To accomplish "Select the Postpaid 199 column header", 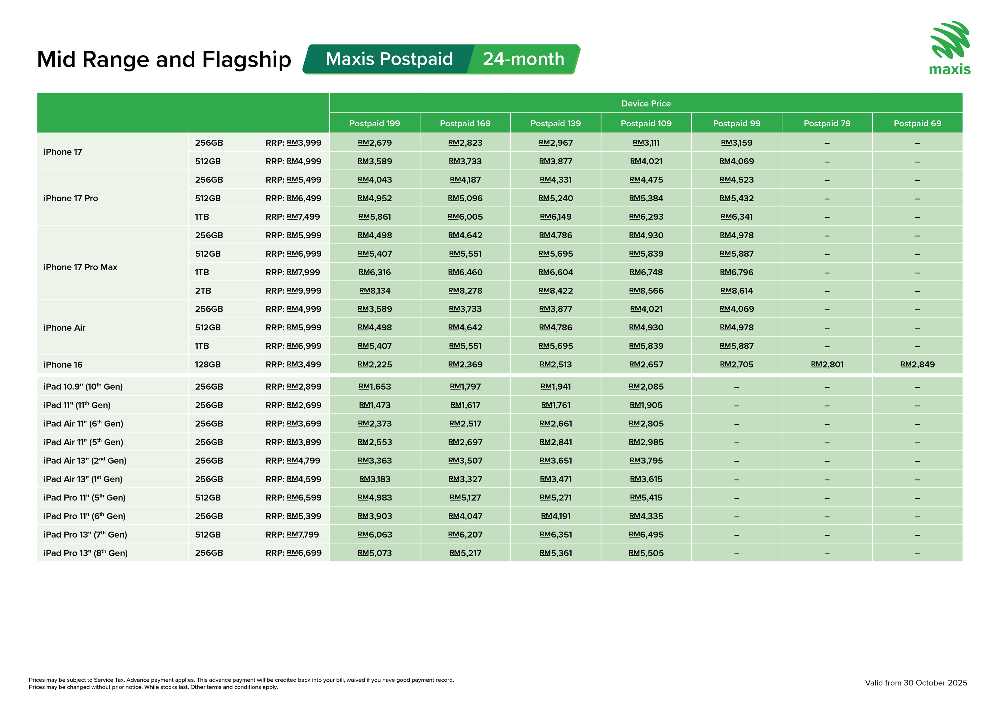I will click(375, 124).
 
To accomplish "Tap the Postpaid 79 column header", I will click(827, 124).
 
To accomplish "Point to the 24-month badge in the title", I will click(524, 59).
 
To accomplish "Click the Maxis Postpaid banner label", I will click(389, 59).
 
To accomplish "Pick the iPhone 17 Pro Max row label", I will click(81, 267).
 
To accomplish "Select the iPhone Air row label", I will click(64, 328).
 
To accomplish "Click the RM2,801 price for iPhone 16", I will click(827, 364).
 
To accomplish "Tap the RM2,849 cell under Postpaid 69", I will click(917, 364).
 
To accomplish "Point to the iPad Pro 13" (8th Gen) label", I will click(86, 553).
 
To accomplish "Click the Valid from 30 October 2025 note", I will click(915, 683).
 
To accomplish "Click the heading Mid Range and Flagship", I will click(164, 60).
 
